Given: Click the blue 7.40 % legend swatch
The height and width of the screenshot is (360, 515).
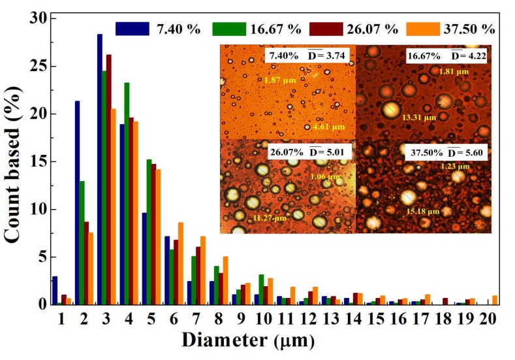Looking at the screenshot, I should [x=131, y=29].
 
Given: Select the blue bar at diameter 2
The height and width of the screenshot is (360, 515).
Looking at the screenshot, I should [x=77, y=203].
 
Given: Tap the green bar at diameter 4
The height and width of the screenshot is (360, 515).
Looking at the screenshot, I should [x=127, y=193].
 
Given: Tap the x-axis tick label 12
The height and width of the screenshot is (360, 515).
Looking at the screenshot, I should [x=311, y=320].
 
